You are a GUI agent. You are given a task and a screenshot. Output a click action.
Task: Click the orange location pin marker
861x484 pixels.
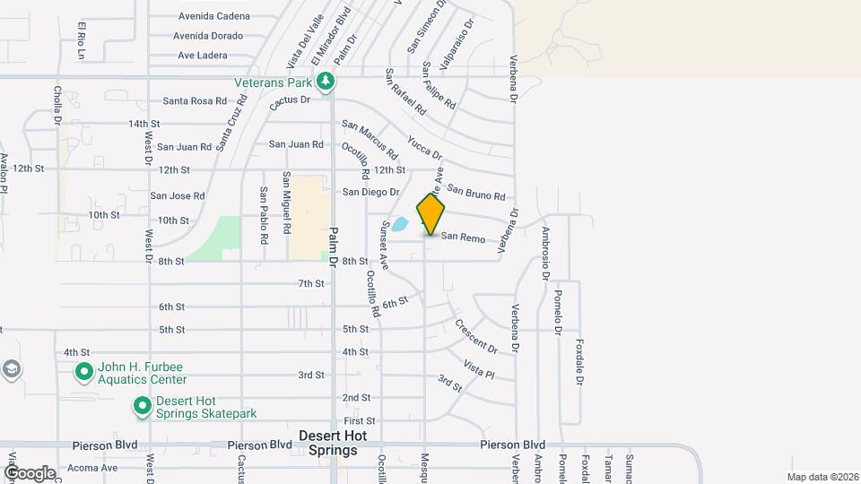point(430,214)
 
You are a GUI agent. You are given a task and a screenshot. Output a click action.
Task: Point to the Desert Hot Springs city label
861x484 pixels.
point(332,443)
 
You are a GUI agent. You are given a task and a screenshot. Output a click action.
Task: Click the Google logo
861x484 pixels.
point(30,472)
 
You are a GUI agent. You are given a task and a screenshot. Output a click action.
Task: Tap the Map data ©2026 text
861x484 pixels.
point(822,477)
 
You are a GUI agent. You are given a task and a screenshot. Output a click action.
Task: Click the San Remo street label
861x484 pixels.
point(463,238)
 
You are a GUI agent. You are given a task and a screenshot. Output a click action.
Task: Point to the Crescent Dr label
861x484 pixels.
point(475,335)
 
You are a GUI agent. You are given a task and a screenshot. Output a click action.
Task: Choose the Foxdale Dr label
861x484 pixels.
point(580,362)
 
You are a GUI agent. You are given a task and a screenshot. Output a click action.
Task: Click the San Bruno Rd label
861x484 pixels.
point(476,193)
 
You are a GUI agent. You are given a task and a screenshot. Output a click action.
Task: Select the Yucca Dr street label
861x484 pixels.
point(425,147)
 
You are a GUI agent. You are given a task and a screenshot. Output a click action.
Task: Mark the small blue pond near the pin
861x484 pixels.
point(400,224)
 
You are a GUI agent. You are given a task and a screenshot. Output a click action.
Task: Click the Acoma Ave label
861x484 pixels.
point(94,468)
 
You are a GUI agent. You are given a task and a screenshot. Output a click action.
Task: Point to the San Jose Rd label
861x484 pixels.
point(178,195)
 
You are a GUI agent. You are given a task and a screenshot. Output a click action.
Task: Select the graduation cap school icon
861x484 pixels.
point(11,370)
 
